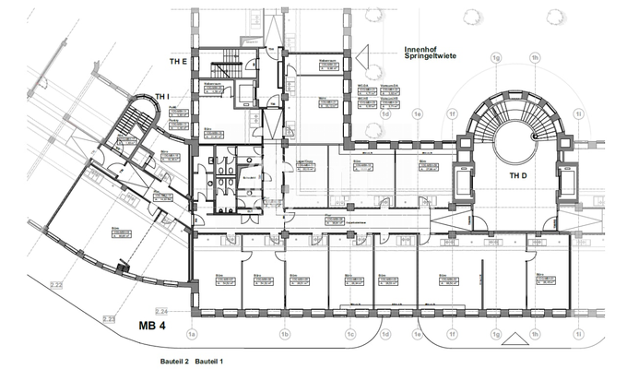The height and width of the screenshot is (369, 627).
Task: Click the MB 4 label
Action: click(x=153, y=325)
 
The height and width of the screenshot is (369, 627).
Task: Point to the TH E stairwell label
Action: click(x=178, y=61)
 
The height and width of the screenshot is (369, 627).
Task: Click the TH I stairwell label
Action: click(x=163, y=96)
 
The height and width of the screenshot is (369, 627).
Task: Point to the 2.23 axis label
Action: click(x=110, y=319)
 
